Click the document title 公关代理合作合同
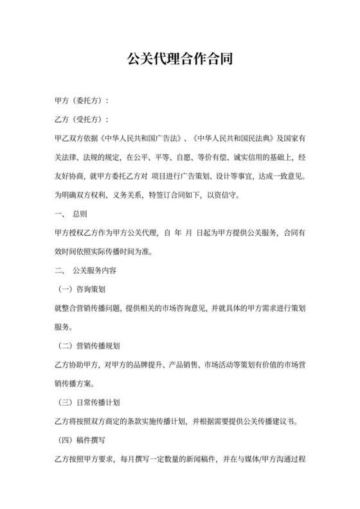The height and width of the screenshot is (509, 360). click(x=180, y=60)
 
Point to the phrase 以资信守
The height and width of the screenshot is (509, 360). click(x=222, y=193)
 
